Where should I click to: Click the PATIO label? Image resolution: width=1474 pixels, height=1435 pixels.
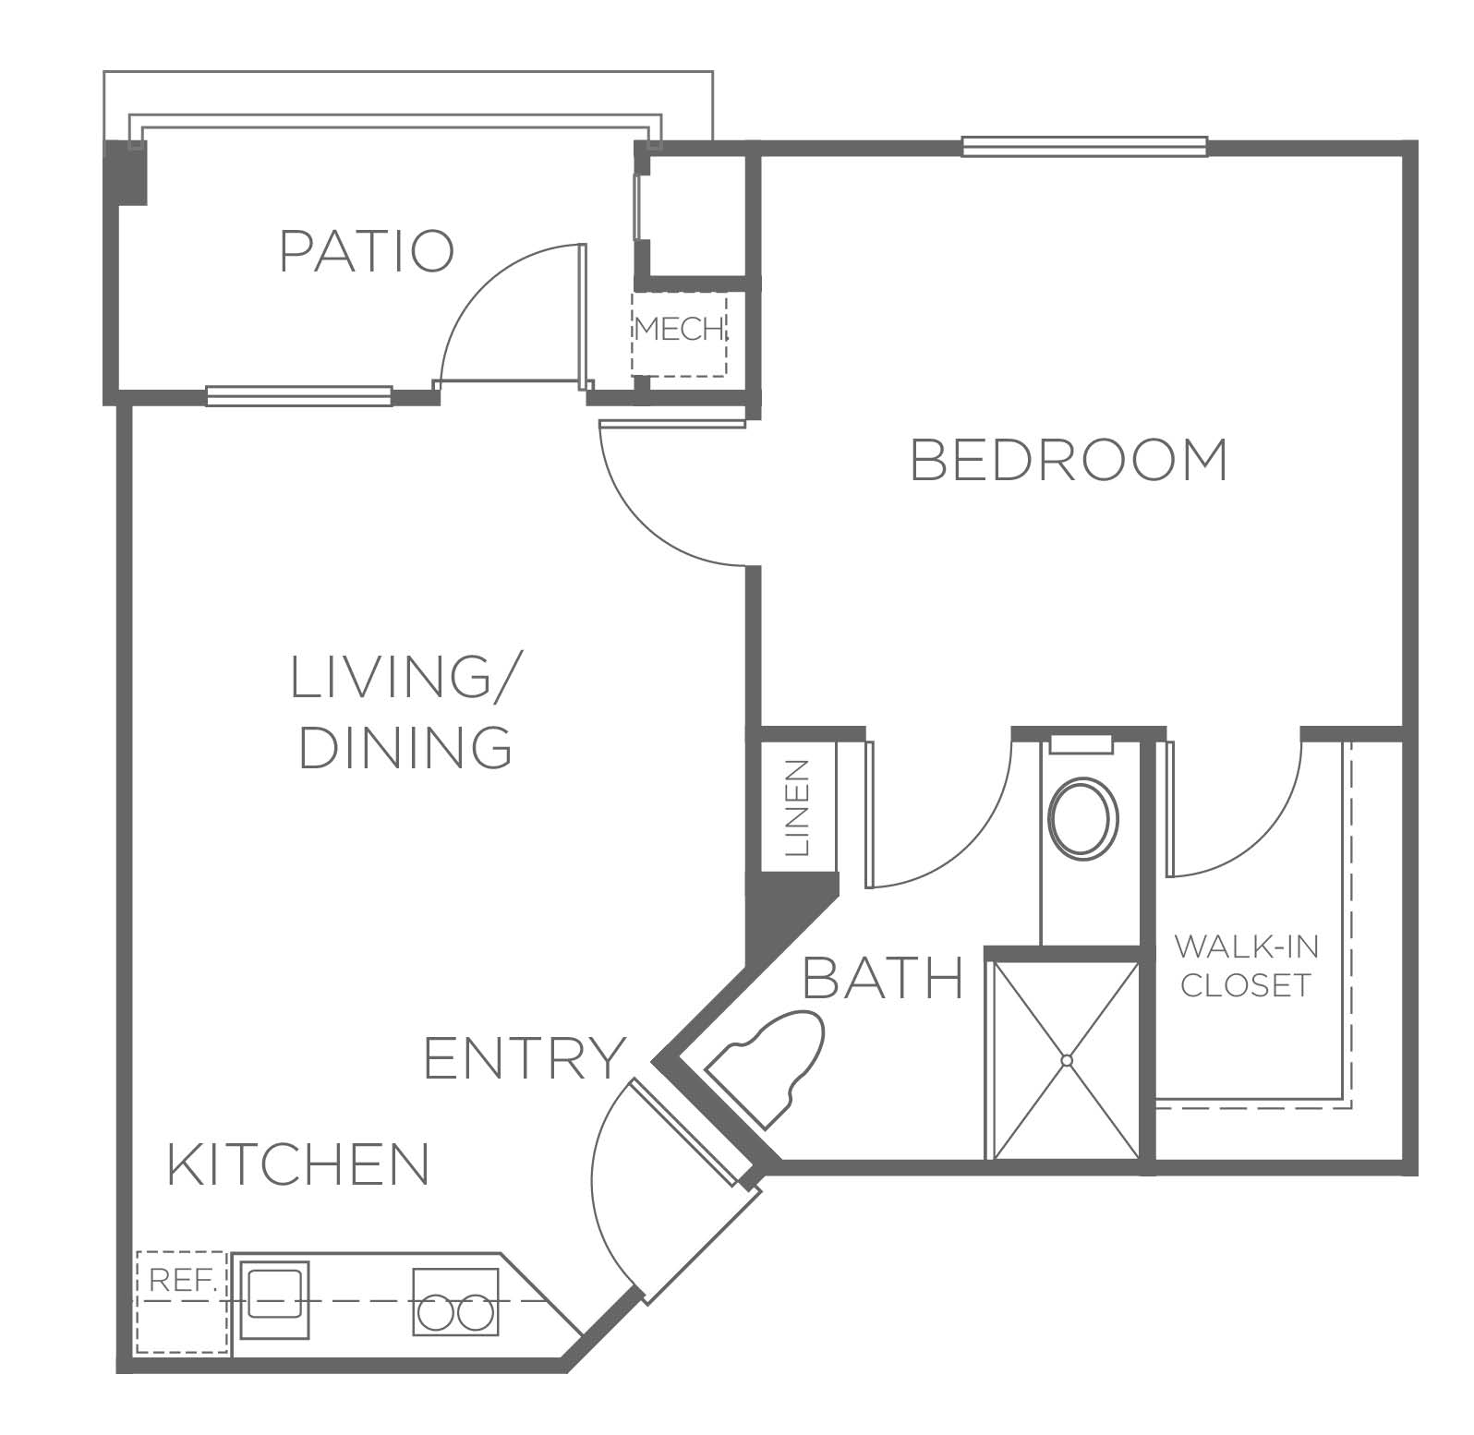point(367,251)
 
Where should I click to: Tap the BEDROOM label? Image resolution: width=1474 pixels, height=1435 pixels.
point(1069,460)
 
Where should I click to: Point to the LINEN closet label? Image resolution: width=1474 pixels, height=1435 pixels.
point(796,806)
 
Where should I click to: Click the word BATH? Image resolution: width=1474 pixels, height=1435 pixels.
point(884,979)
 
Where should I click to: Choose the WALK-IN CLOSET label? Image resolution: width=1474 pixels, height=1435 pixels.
point(1247,966)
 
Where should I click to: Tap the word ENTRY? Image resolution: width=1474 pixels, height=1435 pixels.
point(526,1058)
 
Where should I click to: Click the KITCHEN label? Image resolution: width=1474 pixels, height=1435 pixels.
point(299,1164)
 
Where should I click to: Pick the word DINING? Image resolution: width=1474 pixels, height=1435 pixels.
point(405,747)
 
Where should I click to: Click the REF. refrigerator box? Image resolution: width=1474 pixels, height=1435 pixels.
point(182,1302)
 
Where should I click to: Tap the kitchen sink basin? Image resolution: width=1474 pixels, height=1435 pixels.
point(273,1301)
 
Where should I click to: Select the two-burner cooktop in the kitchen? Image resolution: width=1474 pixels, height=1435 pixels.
point(455,1301)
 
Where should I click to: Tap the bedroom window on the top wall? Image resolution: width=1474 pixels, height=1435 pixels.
point(1084,146)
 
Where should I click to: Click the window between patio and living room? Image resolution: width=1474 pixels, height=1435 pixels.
point(299,396)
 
